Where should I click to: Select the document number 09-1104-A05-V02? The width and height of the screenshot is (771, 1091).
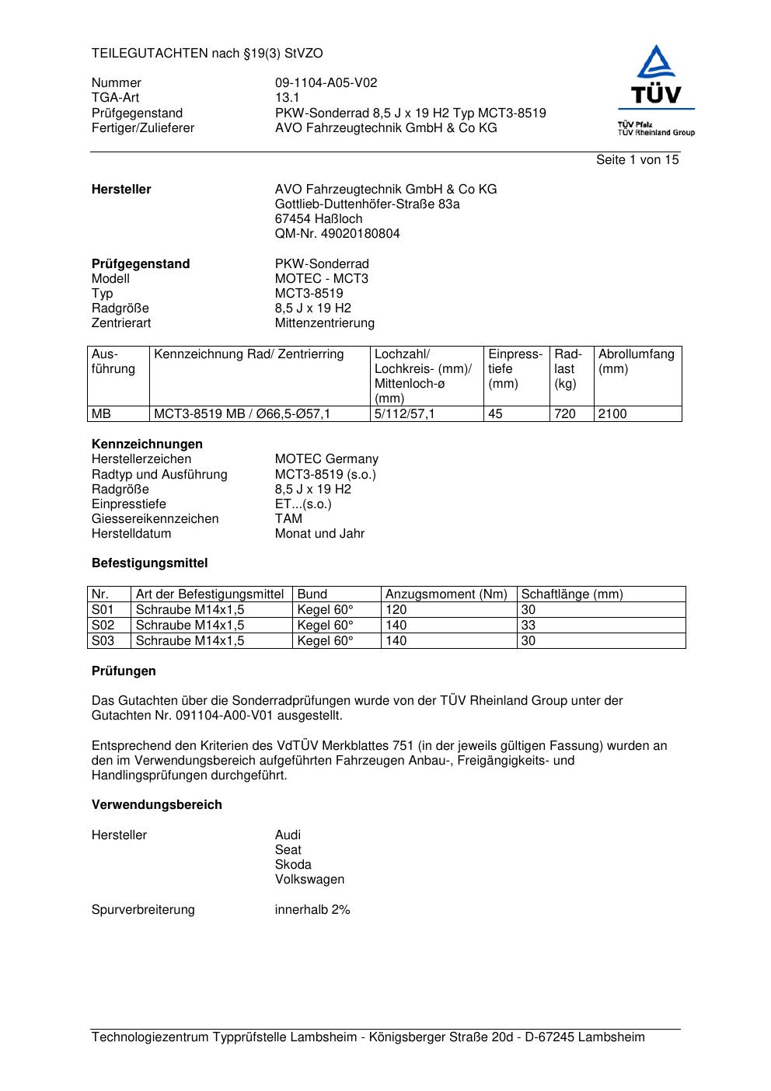tap(326, 83)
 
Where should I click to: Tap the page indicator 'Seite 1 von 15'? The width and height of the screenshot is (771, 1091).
tap(637, 160)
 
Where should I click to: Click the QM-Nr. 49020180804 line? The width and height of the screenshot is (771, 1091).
tap(337, 234)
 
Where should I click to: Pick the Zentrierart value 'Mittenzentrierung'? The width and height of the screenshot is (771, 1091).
tap(324, 323)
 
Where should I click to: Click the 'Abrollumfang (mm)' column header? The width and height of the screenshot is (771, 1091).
tap(637, 361)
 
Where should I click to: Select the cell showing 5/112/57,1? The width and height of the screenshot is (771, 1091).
tap(405, 414)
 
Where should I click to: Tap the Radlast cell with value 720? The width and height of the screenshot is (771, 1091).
tap(565, 414)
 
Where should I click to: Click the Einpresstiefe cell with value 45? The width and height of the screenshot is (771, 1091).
tap(495, 414)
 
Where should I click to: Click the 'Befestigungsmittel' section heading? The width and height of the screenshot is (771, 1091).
tap(149, 563)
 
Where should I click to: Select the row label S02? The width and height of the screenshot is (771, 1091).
tap(103, 626)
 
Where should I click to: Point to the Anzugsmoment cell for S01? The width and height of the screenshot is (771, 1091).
tap(396, 610)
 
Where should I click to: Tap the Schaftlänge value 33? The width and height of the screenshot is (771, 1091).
tap(529, 626)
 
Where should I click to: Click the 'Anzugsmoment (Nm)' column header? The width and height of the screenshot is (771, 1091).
tap(446, 594)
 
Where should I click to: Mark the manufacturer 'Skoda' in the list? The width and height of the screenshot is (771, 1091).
tap(293, 865)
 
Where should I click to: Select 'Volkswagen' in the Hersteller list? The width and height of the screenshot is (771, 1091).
tap(309, 880)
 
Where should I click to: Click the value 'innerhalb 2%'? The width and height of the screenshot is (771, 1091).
tap(312, 910)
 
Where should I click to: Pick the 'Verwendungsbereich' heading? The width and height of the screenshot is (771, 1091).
tap(157, 805)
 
